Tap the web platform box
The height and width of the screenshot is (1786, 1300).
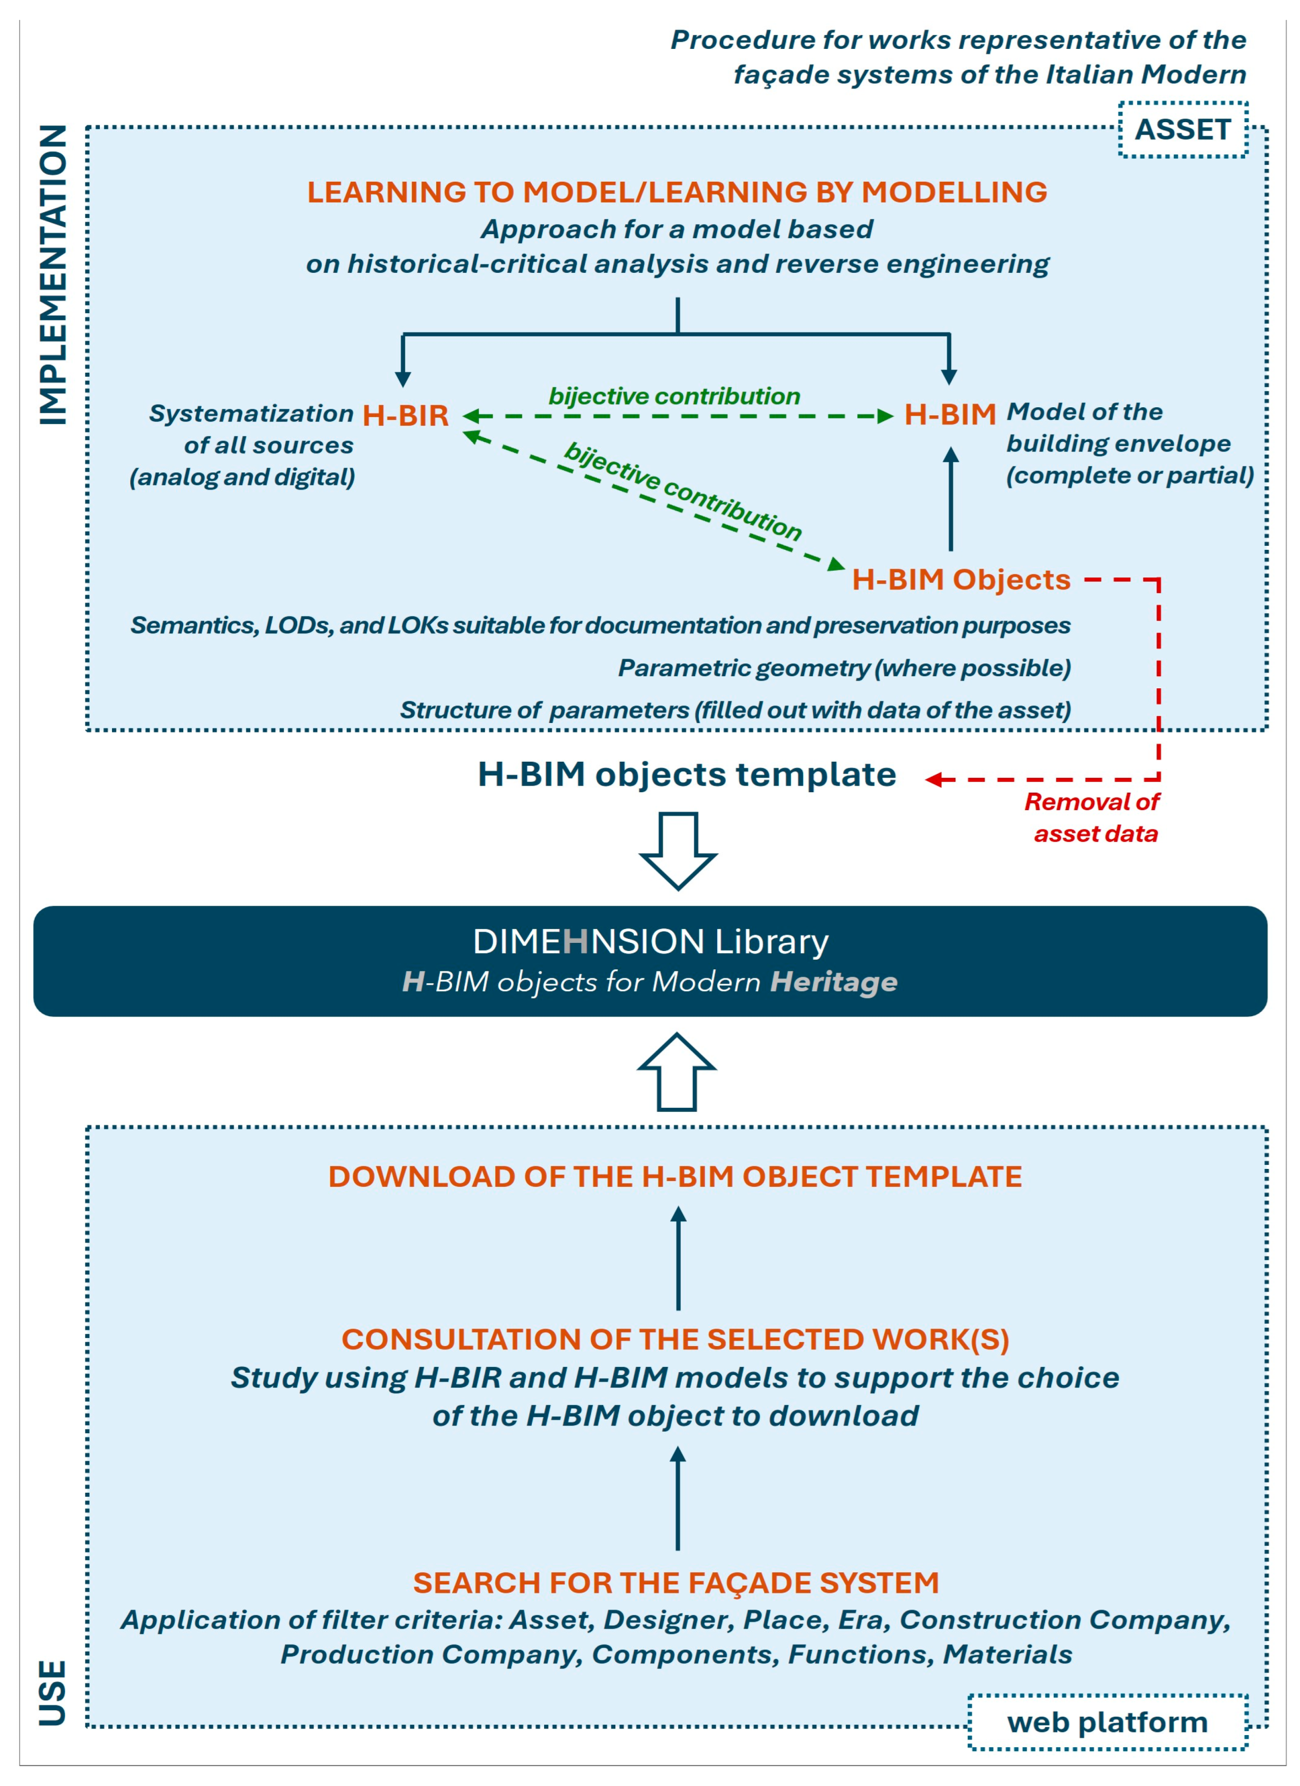click(x=1107, y=1722)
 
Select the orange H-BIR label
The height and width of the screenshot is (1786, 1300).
click(x=406, y=415)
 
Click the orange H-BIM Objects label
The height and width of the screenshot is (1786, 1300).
click(x=960, y=579)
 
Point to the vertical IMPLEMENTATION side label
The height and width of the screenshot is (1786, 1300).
click(x=53, y=275)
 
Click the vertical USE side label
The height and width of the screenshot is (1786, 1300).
click(x=53, y=1692)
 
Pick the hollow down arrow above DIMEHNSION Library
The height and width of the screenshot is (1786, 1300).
click(x=678, y=850)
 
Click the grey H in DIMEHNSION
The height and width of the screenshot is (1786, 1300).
click(x=576, y=941)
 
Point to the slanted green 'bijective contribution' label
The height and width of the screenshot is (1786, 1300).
click(x=683, y=491)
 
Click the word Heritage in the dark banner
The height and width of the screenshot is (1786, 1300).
click(x=833, y=982)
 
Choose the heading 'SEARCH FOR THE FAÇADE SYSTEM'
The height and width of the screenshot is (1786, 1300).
click(x=675, y=1583)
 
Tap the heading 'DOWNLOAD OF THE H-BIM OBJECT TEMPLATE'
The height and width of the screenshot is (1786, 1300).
click(x=675, y=1177)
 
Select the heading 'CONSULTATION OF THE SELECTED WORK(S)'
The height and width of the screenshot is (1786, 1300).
click(x=675, y=1339)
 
